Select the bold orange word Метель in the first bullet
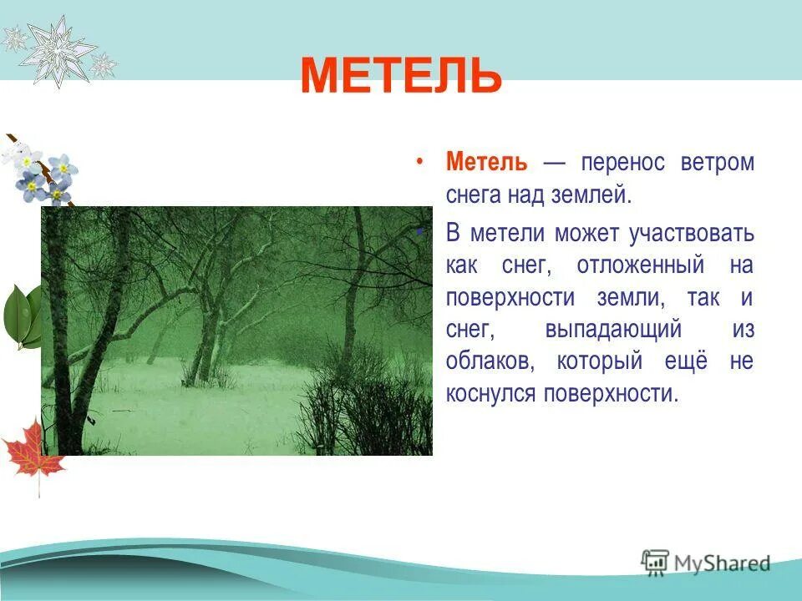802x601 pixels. click(x=486, y=162)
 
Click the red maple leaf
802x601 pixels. click(x=33, y=451)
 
